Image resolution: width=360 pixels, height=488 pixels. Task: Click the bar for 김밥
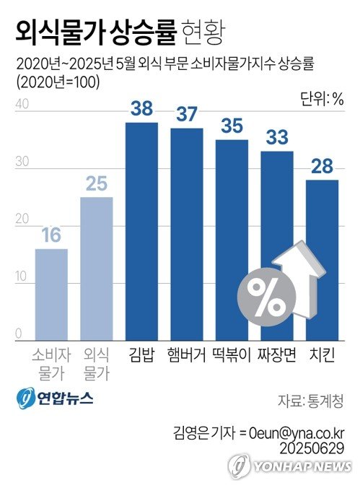pyautogui.click(x=141, y=231)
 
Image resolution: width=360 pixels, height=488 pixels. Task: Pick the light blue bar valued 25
pyautogui.click(x=96, y=268)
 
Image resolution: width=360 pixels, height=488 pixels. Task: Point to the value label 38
pyautogui.click(x=141, y=110)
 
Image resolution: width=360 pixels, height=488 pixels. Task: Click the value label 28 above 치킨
pyautogui.click(x=322, y=167)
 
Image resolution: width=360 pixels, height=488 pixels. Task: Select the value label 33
pyautogui.click(x=277, y=138)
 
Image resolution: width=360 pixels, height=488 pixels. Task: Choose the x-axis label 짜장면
pyautogui.click(x=278, y=355)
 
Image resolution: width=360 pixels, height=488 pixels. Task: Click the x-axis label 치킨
pyautogui.click(x=322, y=355)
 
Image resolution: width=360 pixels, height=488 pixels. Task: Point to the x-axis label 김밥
pyautogui.click(x=141, y=355)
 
